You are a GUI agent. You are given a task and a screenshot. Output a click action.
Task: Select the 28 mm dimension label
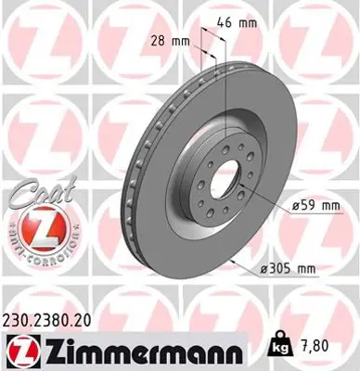tap(167, 40)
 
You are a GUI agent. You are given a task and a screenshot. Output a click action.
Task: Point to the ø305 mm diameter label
tap(291, 269)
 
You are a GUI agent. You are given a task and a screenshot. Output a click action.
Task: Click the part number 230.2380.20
tap(54, 317)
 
